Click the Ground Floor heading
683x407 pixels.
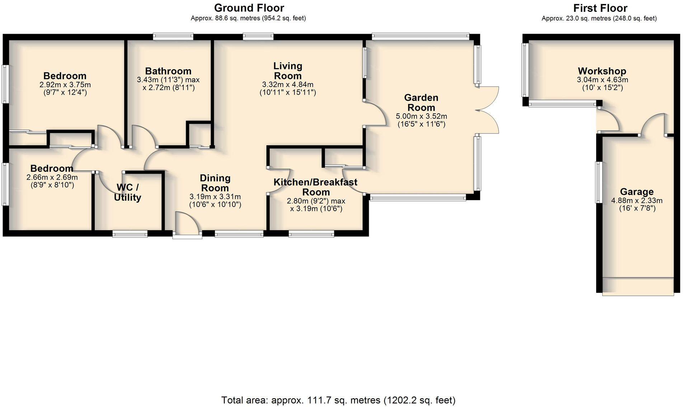[x=249, y=8]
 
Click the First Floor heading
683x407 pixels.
[x=600, y=8]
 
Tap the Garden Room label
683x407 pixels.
[x=421, y=103]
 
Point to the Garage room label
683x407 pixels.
[x=637, y=192]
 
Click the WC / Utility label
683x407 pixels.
[x=127, y=193]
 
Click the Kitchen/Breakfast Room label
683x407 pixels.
[x=315, y=187]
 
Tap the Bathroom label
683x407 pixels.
[x=168, y=71]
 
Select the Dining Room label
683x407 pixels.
[x=215, y=183]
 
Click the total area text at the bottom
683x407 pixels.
[x=338, y=400]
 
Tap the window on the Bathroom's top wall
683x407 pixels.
[x=173, y=36]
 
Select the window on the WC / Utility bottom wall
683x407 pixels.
[x=130, y=234]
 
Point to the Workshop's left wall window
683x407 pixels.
[x=525, y=70]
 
